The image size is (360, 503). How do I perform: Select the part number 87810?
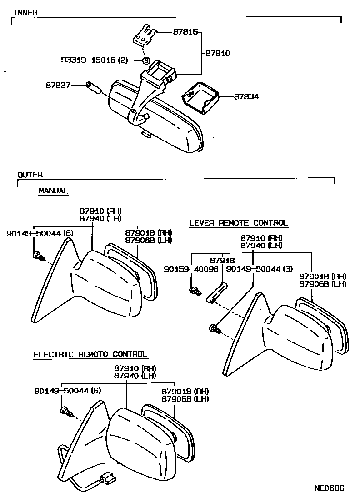(x=218, y=53)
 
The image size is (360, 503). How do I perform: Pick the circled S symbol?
(x=146, y=60)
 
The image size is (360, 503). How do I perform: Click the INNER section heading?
(x=25, y=12)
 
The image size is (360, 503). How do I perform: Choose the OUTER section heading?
(x=30, y=175)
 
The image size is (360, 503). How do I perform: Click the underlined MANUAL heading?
(x=53, y=191)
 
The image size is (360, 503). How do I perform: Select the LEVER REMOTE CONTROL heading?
(x=238, y=223)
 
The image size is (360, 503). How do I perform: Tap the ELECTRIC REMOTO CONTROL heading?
(x=90, y=354)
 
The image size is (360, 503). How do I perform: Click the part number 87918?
(x=222, y=261)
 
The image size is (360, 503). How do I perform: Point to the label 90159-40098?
(x=191, y=269)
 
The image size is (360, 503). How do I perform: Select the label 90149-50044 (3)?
(x=259, y=269)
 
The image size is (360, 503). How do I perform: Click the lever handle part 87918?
(x=217, y=292)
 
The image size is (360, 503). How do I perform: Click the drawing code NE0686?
(x=329, y=489)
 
